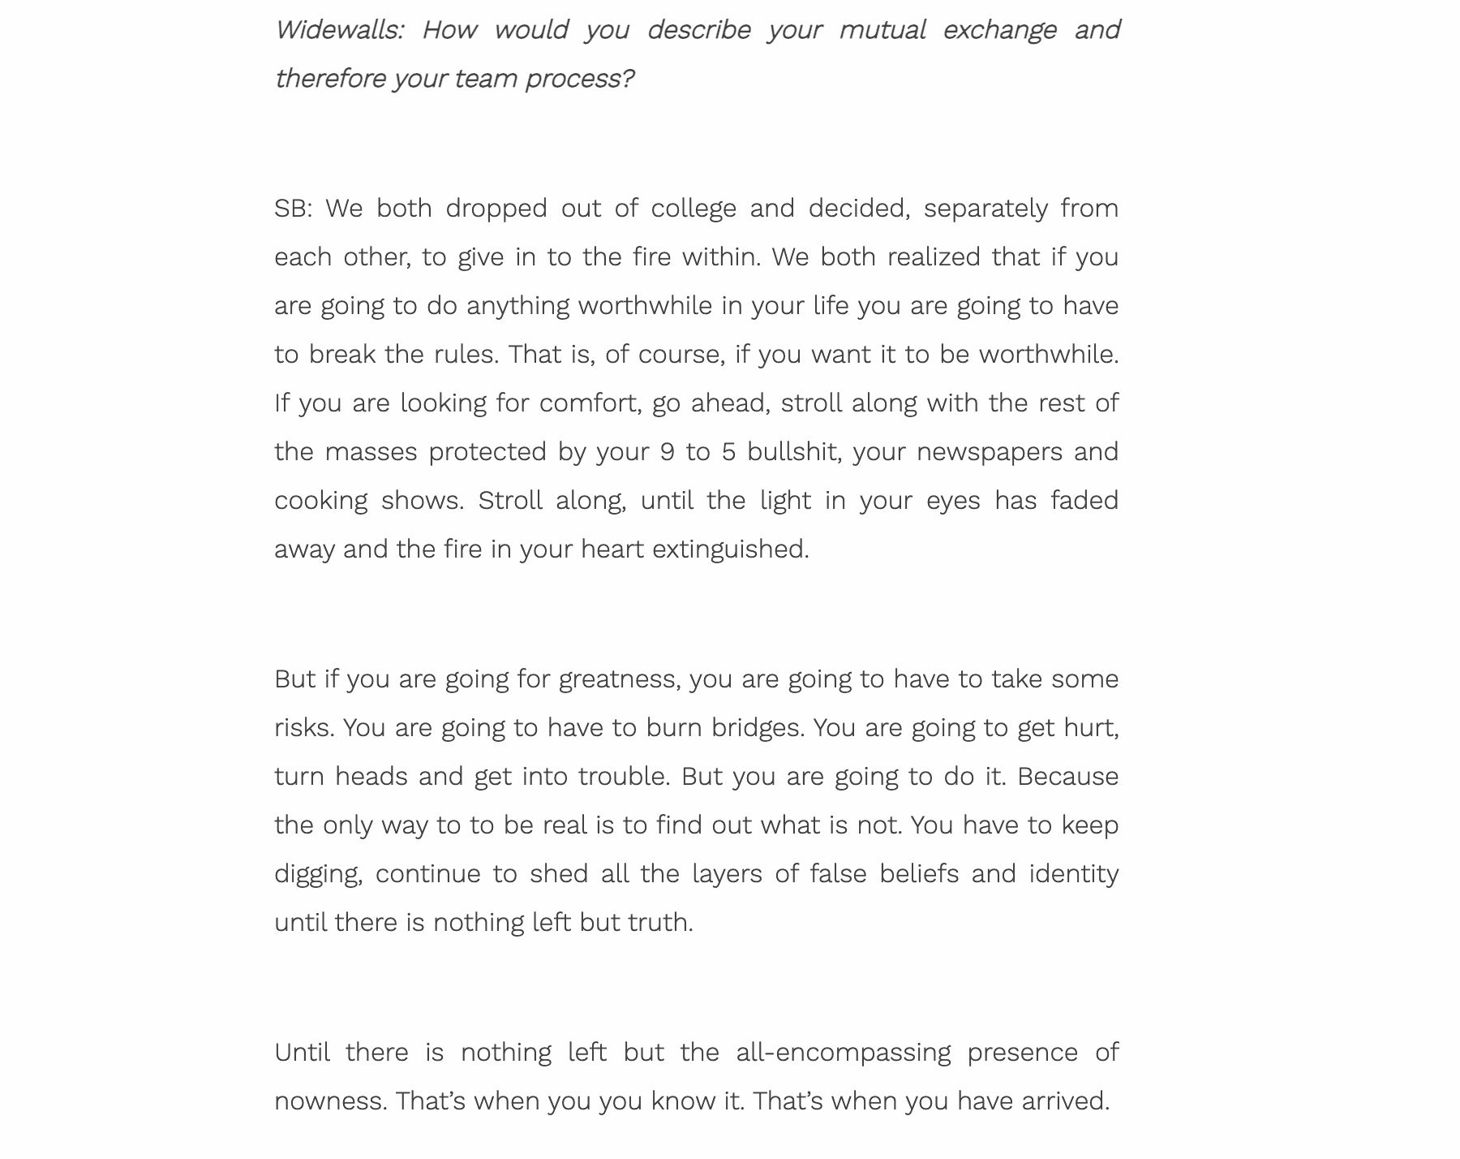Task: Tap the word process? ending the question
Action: point(579,79)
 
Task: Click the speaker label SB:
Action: point(293,209)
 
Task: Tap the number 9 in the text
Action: point(668,452)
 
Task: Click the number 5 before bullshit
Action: point(728,452)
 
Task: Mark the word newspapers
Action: point(989,452)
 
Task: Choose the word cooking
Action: point(320,501)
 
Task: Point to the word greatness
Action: point(620,679)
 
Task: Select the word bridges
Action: point(757,728)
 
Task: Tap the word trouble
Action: point(623,777)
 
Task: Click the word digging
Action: point(317,874)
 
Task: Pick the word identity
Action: point(1073,874)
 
